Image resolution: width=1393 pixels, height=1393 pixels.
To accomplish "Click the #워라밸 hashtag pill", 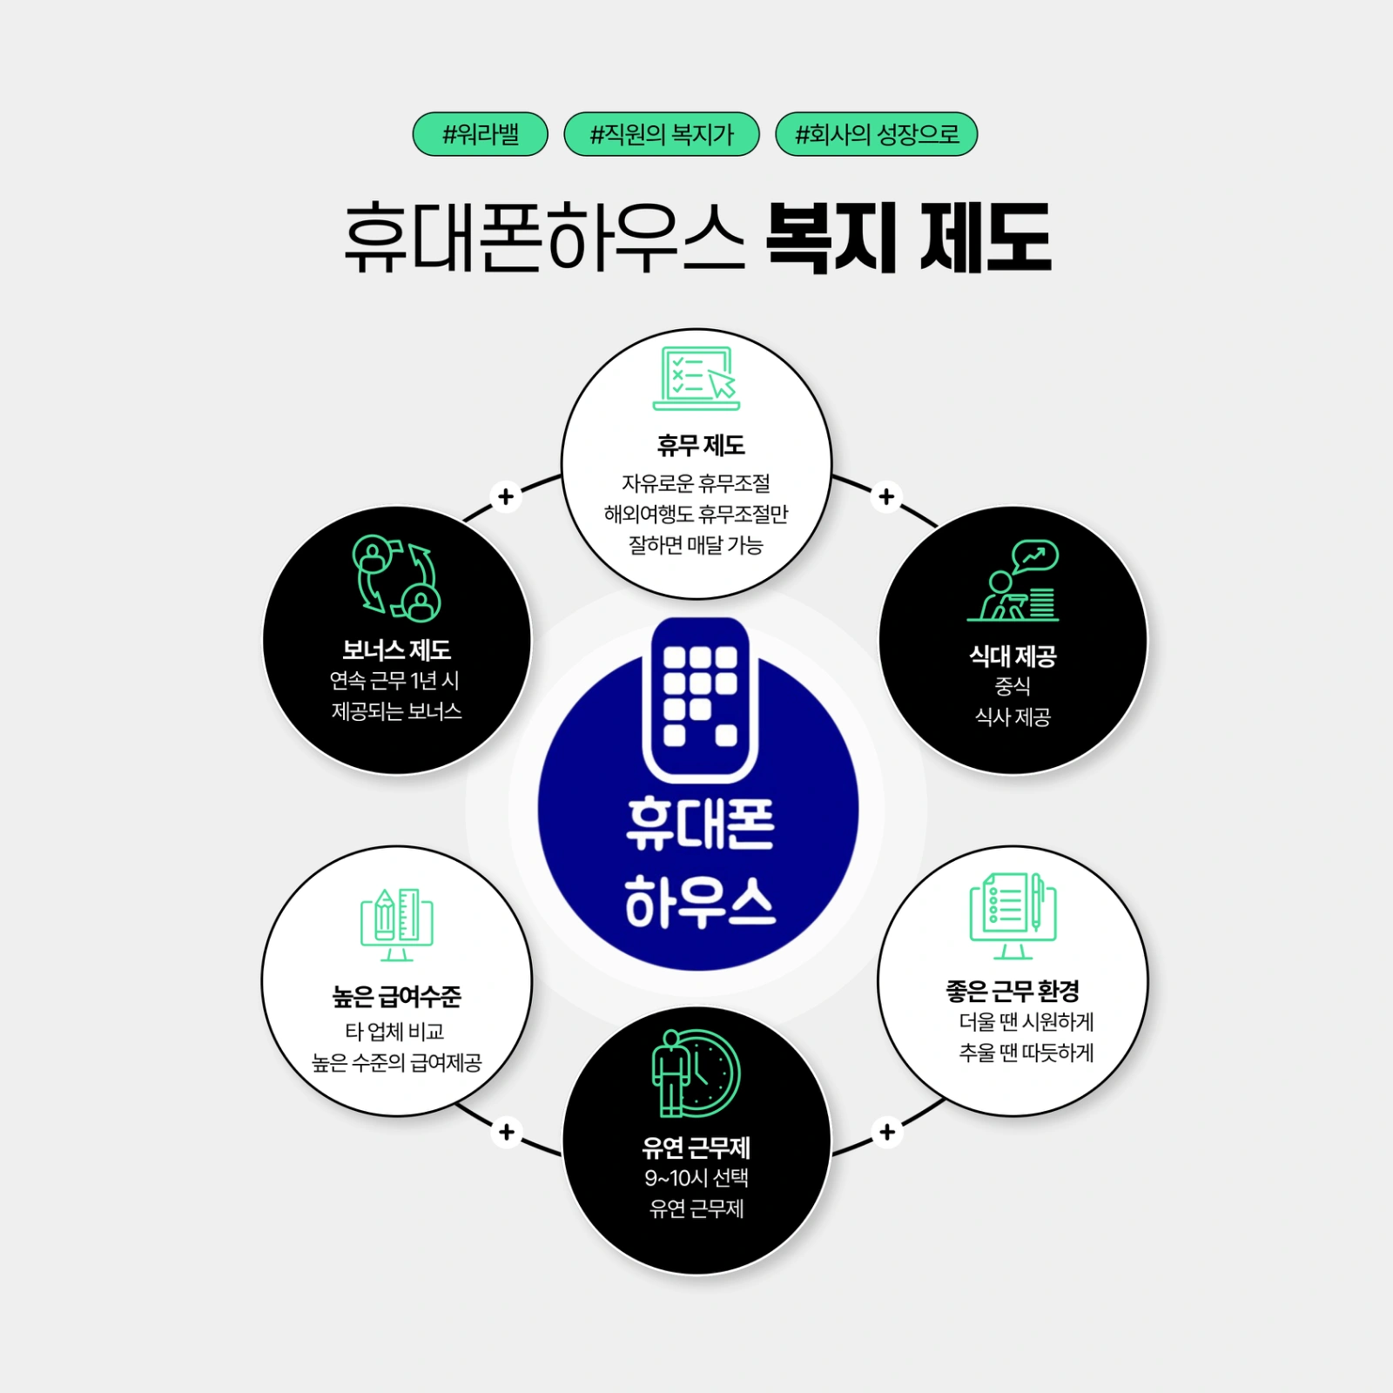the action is tap(480, 134).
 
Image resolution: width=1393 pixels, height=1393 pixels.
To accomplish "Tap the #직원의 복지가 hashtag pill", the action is tap(662, 134).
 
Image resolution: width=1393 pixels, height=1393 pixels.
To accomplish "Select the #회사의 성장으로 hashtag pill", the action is tap(876, 134).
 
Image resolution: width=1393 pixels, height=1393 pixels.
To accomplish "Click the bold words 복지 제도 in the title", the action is tap(908, 237).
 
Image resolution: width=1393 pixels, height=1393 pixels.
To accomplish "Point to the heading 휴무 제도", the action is tap(701, 446).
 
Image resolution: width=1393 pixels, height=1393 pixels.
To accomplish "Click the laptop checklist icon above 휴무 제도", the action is tap(696, 378).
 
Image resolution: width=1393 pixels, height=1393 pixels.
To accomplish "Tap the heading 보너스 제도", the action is tap(396, 649).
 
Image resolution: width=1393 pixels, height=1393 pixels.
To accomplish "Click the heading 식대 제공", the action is tap(1013, 656).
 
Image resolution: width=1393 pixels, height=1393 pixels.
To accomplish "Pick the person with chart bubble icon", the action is tap(1013, 580).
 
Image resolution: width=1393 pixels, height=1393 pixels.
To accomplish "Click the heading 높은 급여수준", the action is tap(396, 996).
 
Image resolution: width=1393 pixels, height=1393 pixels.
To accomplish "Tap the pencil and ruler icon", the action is tap(397, 925).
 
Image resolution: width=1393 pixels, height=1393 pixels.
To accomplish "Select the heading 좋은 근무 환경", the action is tap(1013, 990).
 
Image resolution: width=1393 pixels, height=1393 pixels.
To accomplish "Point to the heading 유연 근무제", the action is tap(696, 1147).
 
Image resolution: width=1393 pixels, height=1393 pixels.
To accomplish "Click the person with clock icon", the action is tap(696, 1073).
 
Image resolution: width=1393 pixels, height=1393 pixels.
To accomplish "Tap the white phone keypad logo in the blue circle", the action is tap(700, 699).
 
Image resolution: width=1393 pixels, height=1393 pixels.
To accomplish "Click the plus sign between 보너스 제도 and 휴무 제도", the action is tap(506, 496).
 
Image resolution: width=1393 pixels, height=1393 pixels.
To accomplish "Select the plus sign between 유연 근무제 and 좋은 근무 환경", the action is tap(887, 1132).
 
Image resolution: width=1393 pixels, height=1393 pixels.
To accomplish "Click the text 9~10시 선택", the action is tap(696, 1178).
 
